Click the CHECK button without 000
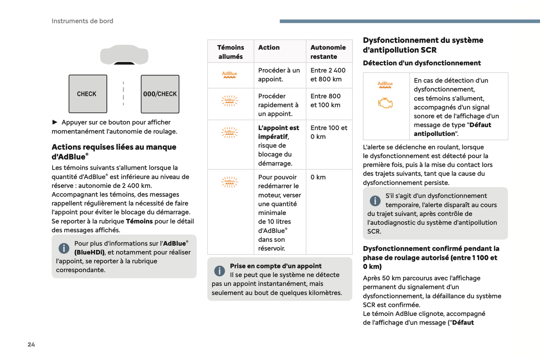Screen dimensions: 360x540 87,94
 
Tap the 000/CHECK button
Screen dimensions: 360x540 160,94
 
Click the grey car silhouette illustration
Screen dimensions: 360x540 124,55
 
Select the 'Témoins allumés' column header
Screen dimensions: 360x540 230,52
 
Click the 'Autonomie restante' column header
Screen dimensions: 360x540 328,52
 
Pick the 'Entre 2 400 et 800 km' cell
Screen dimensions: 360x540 328,75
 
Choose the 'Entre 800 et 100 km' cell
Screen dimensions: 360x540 325,101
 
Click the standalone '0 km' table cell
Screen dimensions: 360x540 318,177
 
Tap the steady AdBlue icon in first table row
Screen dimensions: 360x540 229,75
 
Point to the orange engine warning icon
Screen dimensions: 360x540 385,103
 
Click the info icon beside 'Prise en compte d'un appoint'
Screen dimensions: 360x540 219,271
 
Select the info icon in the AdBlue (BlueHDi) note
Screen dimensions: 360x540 64,248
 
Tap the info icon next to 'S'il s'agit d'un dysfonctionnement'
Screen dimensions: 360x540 375,201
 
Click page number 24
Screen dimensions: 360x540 31,344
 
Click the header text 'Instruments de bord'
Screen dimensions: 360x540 82,21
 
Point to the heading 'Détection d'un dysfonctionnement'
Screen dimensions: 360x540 422,63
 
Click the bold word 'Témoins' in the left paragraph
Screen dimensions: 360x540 139,221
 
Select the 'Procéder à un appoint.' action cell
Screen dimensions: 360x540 279,75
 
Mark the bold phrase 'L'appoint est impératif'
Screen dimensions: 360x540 278,132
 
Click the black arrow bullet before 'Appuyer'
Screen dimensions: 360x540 55,122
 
